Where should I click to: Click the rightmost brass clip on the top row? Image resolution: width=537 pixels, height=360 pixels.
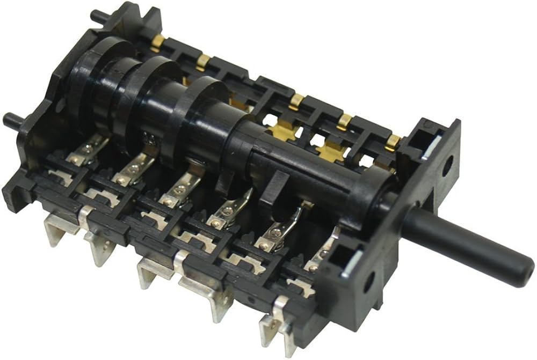(394, 141)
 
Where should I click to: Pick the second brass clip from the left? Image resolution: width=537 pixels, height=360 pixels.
(203, 62)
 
